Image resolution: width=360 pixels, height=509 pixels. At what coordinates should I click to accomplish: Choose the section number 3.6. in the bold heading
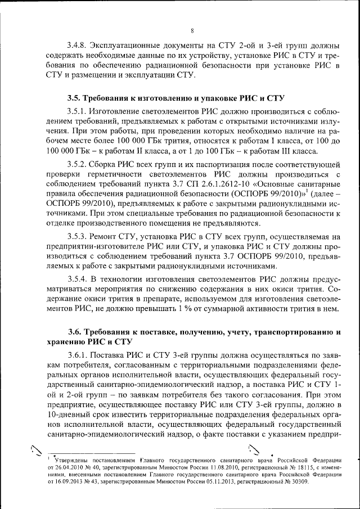coord(75,332)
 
